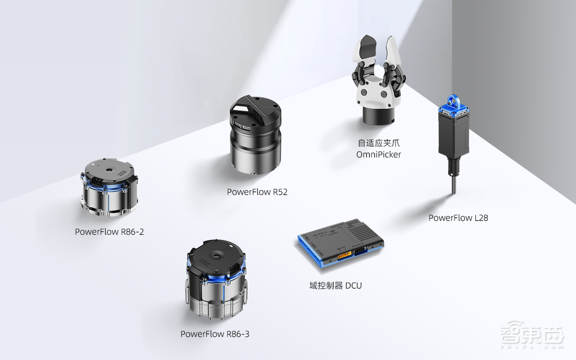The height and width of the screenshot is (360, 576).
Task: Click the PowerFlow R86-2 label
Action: [109, 232]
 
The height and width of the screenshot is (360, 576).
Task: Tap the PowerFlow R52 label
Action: [257, 192]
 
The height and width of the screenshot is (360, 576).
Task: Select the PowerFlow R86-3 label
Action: [215, 334]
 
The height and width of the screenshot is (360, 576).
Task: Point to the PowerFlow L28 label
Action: [458, 218]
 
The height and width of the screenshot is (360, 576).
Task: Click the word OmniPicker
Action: [379, 154]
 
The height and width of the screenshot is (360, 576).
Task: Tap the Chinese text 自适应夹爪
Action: [379, 143]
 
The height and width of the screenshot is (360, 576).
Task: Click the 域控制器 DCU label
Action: [335, 286]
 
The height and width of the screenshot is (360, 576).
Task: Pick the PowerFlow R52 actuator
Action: [256, 135]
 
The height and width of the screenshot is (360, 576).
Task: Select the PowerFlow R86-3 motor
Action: [215, 281]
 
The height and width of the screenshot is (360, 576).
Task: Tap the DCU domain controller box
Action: [340, 242]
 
